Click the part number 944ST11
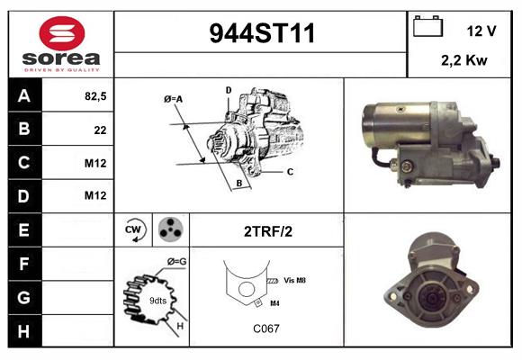tap(262, 33)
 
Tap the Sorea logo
tap(61, 44)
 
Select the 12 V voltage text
tap(481, 31)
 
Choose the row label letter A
tap(23, 96)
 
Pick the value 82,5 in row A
tap(94, 96)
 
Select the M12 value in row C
tap(95, 163)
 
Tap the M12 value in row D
tap(95, 196)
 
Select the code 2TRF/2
tap(267, 231)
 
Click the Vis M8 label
tap(295, 280)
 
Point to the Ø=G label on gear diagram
tap(176, 261)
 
